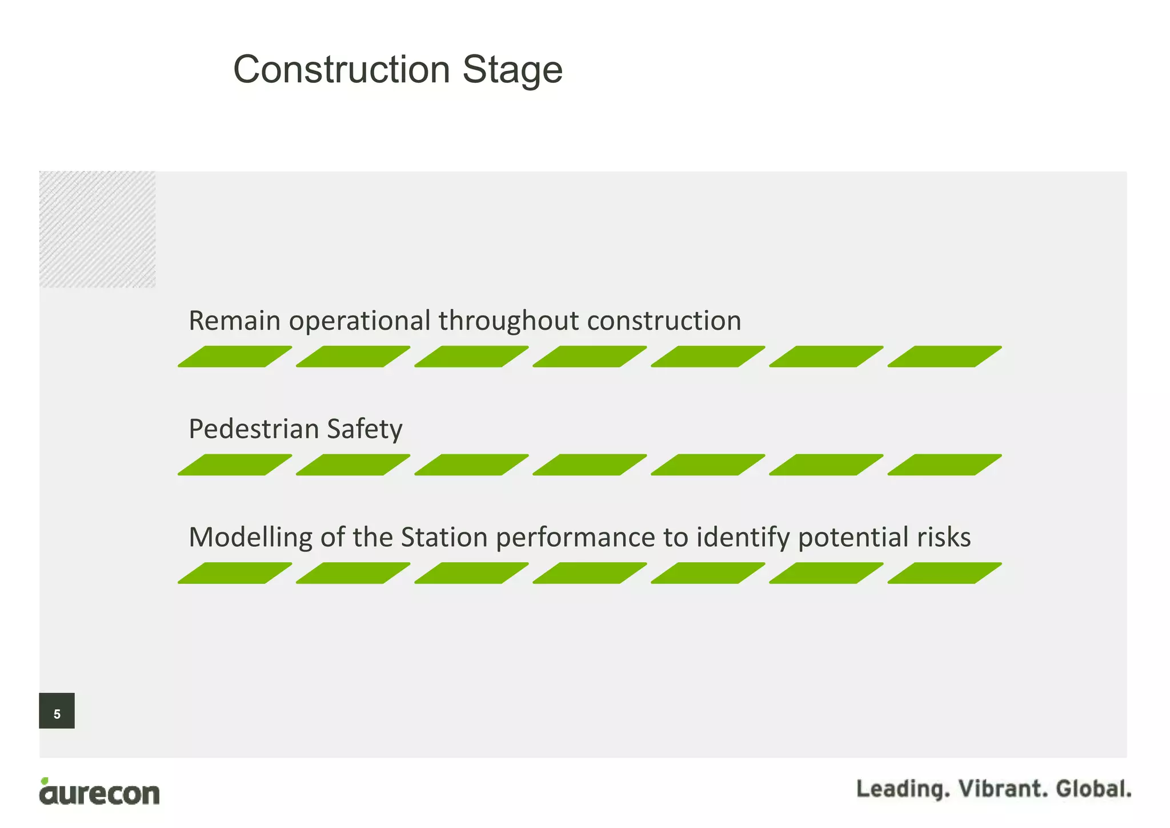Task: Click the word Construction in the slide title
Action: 342,70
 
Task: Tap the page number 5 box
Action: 57,711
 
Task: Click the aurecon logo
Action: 99,792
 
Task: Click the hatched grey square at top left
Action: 97,229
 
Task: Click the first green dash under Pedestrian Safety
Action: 235,465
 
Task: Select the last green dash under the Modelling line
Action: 944,573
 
